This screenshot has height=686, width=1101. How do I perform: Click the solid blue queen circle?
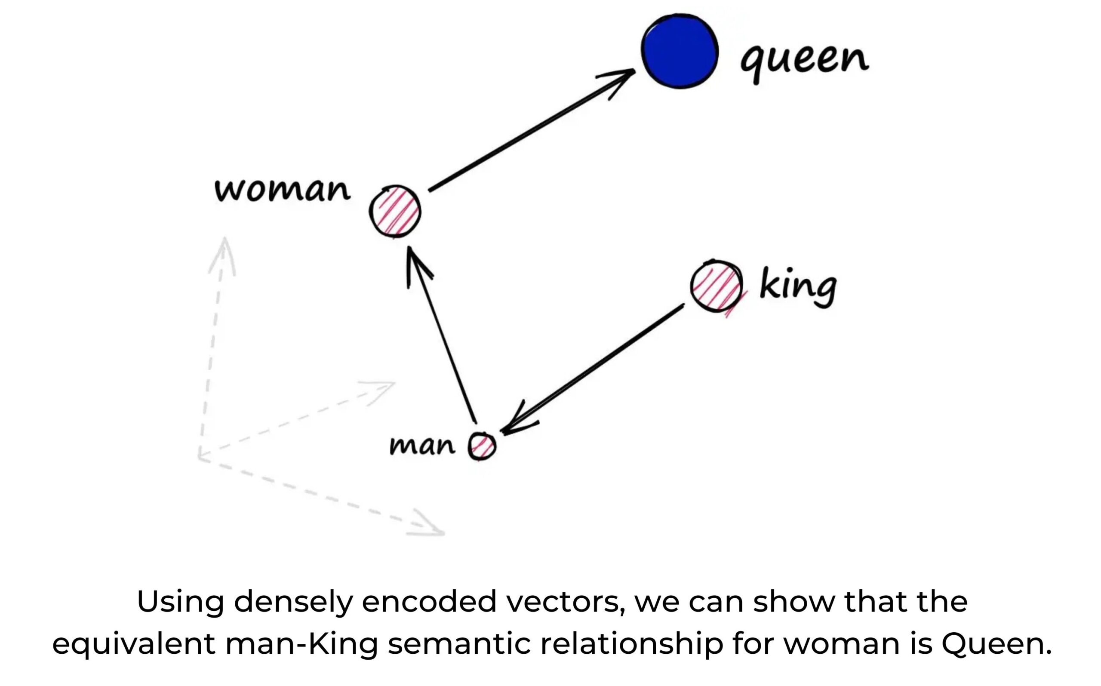[679, 51]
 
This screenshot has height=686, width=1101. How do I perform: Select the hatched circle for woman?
[395, 212]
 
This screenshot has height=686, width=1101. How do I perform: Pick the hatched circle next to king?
[717, 286]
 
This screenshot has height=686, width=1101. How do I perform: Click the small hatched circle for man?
[482, 446]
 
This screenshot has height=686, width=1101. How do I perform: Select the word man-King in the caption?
[301, 644]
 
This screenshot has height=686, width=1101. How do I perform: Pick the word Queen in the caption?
[996, 644]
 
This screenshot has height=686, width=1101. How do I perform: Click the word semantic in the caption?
[459, 644]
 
